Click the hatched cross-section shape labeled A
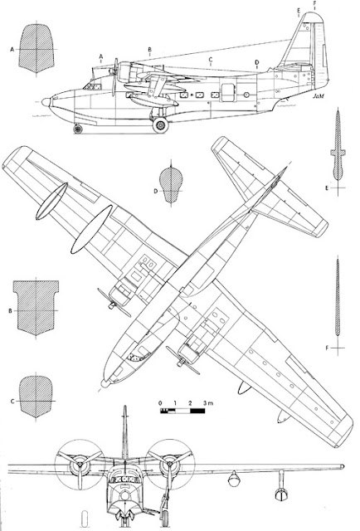coord(36,48)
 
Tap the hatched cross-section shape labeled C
coord(36,397)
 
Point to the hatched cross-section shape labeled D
coord(171,185)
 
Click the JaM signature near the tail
coord(318,96)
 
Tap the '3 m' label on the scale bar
coord(208,403)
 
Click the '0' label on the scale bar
coord(160,403)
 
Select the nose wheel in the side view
coord(78,129)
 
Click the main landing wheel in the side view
coord(161,125)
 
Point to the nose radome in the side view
coord(46,102)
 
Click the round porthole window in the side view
coord(246,95)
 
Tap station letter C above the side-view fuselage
coord(211,60)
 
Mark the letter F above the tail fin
coord(314,3)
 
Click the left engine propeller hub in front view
coord(80,465)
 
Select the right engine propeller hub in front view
coord(170,463)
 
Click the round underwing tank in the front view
coord(234,479)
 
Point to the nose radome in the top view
coord(105,383)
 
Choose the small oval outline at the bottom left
coord(85,519)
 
